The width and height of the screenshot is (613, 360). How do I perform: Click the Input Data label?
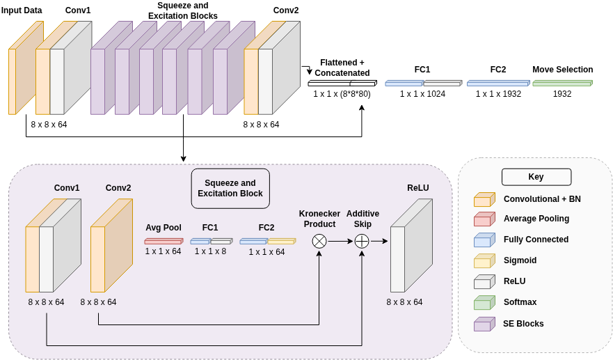tap(22, 10)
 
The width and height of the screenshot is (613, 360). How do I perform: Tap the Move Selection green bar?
tap(562, 83)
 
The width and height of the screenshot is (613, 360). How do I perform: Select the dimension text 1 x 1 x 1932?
tap(498, 94)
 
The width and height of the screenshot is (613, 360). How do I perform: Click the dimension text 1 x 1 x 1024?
tap(422, 94)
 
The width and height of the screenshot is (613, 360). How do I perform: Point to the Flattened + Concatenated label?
tap(342, 68)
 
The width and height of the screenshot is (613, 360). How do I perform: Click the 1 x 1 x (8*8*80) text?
tap(342, 94)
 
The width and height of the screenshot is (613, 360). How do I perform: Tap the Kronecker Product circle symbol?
tap(319, 241)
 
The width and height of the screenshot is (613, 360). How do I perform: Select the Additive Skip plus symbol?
tap(362, 241)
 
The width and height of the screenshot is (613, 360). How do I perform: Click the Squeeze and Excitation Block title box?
tap(230, 188)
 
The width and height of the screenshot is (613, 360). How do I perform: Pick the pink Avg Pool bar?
tap(164, 241)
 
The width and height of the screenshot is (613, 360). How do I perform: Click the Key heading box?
tap(536, 177)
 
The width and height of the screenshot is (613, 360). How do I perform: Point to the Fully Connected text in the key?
tap(536, 240)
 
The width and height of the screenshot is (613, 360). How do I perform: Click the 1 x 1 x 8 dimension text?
tap(210, 251)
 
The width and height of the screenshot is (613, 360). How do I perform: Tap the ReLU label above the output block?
tap(418, 188)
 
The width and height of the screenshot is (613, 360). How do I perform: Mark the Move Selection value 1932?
tap(562, 94)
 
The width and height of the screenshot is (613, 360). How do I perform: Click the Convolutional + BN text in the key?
tap(542, 199)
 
